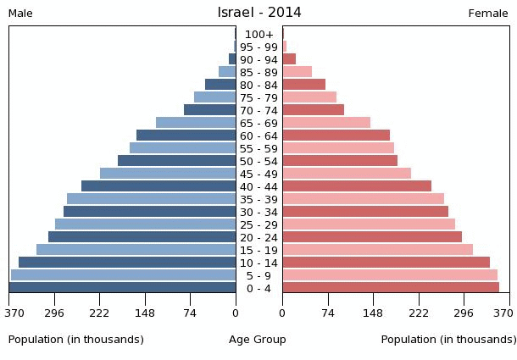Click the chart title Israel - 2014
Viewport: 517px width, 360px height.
coord(258,13)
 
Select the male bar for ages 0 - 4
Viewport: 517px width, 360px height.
coord(123,288)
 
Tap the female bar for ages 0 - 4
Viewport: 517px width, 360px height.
coord(391,288)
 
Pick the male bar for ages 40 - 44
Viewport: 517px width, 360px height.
coord(158,186)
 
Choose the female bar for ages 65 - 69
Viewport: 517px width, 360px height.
coord(326,123)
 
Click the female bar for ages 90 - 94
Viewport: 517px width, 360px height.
coord(289,59)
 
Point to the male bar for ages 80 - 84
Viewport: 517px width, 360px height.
coord(220,85)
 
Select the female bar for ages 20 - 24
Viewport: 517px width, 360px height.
coord(372,237)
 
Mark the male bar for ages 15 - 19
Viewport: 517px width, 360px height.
coord(136,250)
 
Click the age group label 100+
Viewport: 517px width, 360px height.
coord(258,35)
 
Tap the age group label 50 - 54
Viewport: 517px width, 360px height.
coord(258,162)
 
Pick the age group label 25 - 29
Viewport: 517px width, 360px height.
coord(258,225)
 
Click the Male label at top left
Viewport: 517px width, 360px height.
coord(20,14)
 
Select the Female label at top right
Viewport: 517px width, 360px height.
coord(488,14)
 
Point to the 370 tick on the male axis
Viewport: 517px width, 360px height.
coord(14,313)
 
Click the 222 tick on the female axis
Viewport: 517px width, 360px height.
coord(419,313)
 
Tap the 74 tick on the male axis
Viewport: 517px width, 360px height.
coord(191,313)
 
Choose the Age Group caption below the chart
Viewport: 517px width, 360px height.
coord(258,340)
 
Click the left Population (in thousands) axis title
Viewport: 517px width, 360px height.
coord(76,340)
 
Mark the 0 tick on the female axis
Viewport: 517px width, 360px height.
coord(282,313)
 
